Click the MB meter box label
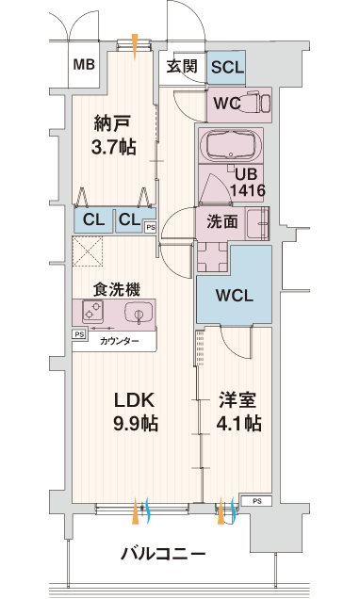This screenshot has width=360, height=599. [x=84, y=64]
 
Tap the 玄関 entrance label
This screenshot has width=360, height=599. [x=182, y=67]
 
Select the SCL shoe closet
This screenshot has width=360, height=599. [x=226, y=68]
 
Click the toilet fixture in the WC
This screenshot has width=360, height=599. [x=256, y=101]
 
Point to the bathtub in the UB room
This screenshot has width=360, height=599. [x=231, y=146]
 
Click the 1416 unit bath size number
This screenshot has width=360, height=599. [x=247, y=190]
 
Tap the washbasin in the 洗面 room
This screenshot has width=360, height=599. [x=258, y=222]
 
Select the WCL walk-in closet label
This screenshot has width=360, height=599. [x=235, y=296]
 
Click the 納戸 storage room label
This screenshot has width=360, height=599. [x=113, y=123]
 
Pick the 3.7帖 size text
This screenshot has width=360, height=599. [x=113, y=146]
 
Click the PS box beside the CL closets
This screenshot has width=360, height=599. [x=151, y=227]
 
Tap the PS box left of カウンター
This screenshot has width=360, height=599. [x=79, y=334]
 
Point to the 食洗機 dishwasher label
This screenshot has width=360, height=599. [x=117, y=290]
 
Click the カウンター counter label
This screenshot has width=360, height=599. [x=120, y=341]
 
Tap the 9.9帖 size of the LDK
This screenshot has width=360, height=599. [x=136, y=423]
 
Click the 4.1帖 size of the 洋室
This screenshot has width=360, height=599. [x=239, y=423]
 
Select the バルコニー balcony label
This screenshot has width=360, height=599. [x=163, y=553]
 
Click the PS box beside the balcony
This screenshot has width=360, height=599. [x=257, y=501]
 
